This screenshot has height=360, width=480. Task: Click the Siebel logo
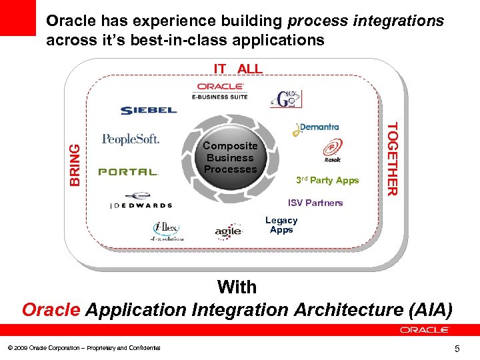[x=149, y=111]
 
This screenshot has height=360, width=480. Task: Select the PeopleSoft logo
[x=131, y=139]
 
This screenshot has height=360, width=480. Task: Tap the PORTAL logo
[x=129, y=172]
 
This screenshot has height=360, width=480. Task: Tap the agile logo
[x=228, y=231]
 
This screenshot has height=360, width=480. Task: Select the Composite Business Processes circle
[x=230, y=158]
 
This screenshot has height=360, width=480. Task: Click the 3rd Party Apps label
[x=327, y=180]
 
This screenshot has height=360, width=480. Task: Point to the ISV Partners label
[x=315, y=203]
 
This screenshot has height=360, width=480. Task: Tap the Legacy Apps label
[x=281, y=225]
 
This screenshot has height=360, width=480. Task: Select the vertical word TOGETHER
[x=393, y=159]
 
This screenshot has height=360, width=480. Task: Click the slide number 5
[x=457, y=348]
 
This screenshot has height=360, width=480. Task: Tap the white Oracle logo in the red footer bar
[x=425, y=330]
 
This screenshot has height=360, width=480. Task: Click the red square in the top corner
[x=17, y=18]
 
